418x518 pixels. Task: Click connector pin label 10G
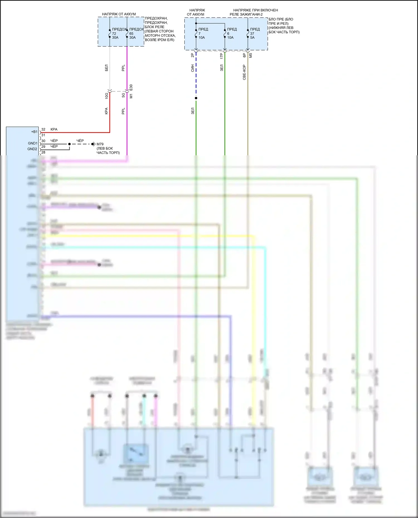[x=106, y=96]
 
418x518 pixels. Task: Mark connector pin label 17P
[x=222, y=56]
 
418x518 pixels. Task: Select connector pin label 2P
[x=192, y=55]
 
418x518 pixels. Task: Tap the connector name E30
[x=131, y=87]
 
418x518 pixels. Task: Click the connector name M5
[x=251, y=55]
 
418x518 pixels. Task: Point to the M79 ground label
[x=100, y=144]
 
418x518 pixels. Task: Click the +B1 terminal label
[x=34, y=132]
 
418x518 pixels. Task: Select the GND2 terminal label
[x=32, y=149]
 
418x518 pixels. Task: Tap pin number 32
[x=43, y=129]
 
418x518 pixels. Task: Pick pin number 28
[x=43, y=152]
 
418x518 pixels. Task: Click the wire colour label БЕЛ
[x=106, y=68]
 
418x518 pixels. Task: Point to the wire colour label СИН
[x=192, y=68]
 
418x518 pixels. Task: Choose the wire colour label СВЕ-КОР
[x=244, y=72]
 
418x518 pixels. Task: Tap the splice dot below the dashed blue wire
[x=196, y=98]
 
